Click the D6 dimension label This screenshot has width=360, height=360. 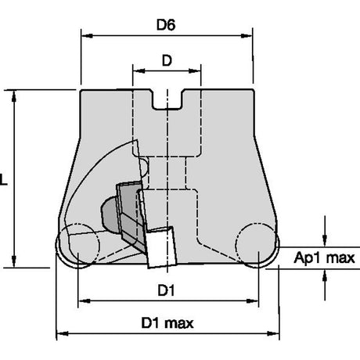coord(166,25)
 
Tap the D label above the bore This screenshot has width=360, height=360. coord(167,60)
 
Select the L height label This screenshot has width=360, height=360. coord(3,179)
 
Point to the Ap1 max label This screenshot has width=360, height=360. coord(324,257)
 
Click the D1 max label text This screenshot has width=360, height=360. coord(167,323)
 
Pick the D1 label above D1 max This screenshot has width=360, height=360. coord(166,290)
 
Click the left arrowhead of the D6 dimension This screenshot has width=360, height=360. coord(87,35)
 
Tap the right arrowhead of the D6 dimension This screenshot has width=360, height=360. coord(247,35)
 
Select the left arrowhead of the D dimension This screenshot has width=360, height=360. coord(139,70)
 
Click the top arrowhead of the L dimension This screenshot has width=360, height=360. coord(14,95)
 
